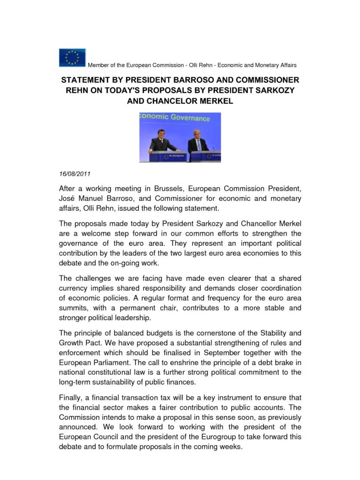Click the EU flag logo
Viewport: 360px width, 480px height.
coord(72,58)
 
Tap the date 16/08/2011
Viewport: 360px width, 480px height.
coord(75,174)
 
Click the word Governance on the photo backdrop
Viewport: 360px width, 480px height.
coord(190,118)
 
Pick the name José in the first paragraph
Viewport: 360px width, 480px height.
coord(66,198)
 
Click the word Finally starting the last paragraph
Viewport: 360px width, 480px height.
coord(70,397)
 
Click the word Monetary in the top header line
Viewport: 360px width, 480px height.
coord(267,65)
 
